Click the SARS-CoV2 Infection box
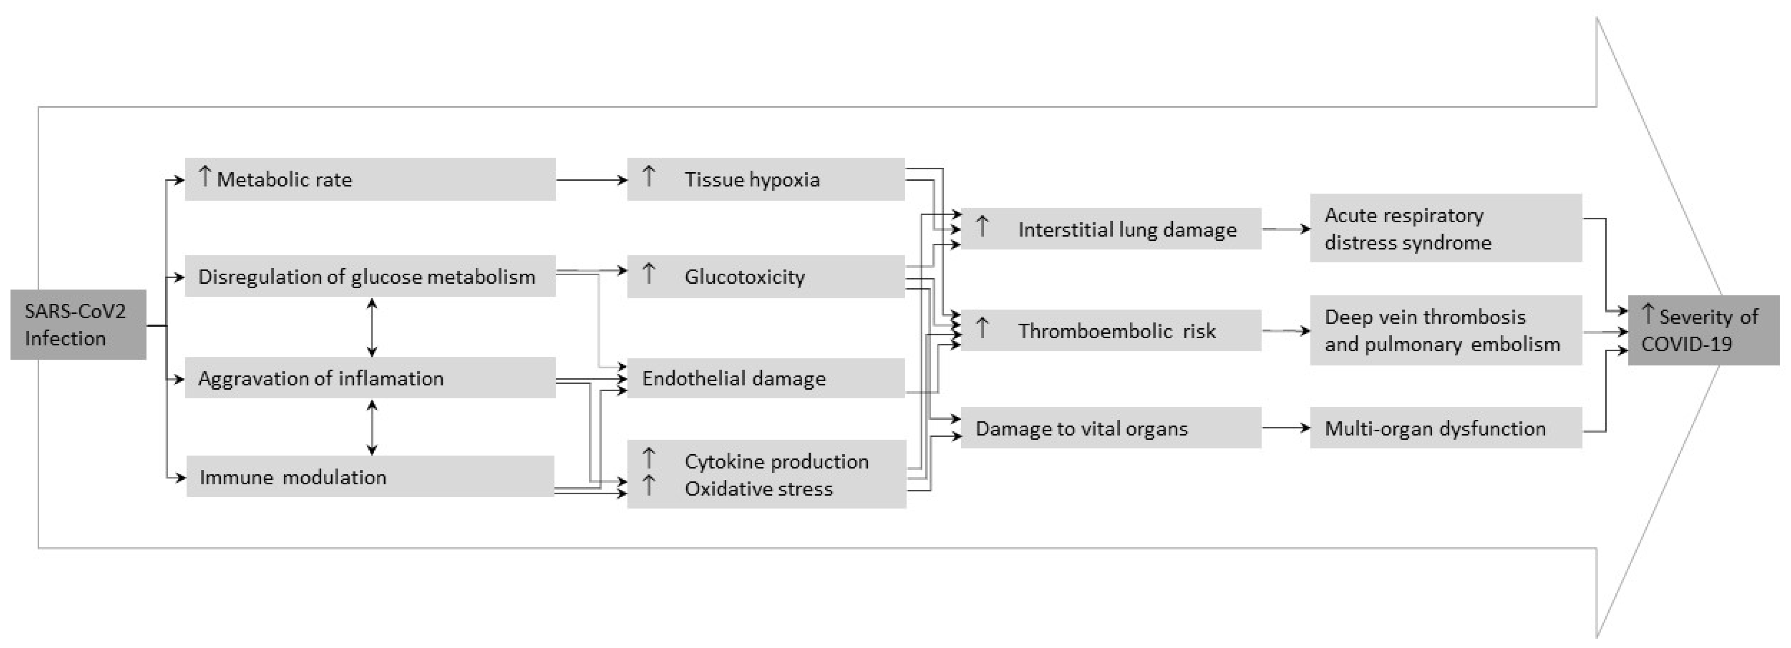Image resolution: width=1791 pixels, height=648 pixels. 78,324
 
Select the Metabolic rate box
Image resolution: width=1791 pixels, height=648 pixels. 370,179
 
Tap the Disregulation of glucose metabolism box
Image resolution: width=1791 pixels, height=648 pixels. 370,276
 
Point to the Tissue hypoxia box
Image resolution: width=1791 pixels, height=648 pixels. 766,179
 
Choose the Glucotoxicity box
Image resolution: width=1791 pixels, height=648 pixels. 766,276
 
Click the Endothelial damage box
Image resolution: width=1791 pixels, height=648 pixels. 766,378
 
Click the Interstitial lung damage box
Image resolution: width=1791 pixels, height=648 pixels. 1110,229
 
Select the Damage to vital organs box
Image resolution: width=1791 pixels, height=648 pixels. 1110,428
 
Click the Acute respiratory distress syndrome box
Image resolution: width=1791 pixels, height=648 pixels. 1446,228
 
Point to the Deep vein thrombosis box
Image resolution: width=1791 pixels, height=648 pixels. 1446,330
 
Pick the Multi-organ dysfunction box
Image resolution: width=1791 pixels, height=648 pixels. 1446,428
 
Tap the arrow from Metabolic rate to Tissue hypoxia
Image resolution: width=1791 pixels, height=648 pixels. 591,180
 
